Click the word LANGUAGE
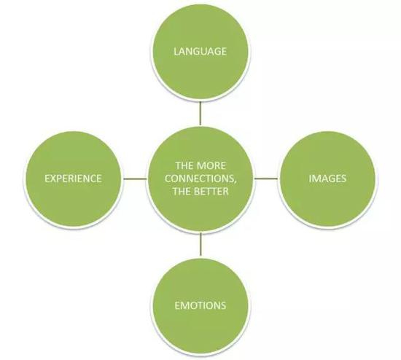(200, 52)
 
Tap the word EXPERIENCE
(73, 179)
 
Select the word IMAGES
(327, 179)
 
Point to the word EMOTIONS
(200, 305)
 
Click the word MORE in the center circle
(211, 165)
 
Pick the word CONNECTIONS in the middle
(198, 179)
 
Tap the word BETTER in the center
(212, 191)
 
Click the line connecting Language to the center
(200, 114)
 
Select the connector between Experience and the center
(135, 179)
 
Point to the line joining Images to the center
(266, 179)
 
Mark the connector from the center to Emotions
(200, 244)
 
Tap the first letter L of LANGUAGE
(176, 52)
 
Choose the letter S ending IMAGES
(343, 179)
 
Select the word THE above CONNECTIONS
(184, 165)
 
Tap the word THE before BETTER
(182, 191)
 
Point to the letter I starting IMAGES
(310, 179)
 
